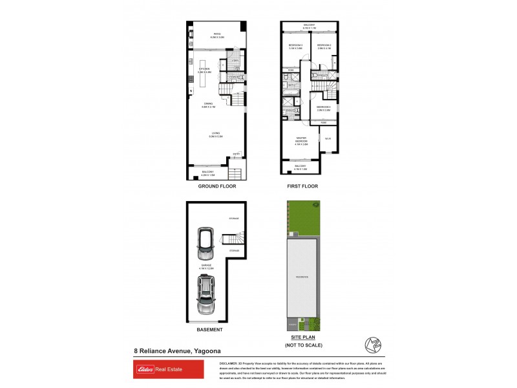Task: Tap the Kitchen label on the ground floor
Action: [x=204, y=70]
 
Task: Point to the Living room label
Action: [x=216, y=135]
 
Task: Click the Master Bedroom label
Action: [x=301, y=140]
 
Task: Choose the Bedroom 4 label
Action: [x=324, y=108]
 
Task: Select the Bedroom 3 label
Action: [x=296, y=47]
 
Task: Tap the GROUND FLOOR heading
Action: [x=217, y=186]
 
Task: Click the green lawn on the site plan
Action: [x=304, y=217]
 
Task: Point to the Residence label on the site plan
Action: [x=301, y=277]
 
